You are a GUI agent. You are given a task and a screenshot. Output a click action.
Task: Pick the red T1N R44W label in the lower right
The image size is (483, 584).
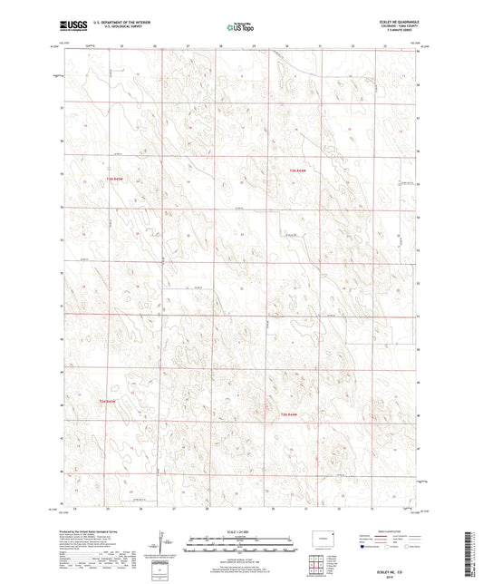pos(286,414)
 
